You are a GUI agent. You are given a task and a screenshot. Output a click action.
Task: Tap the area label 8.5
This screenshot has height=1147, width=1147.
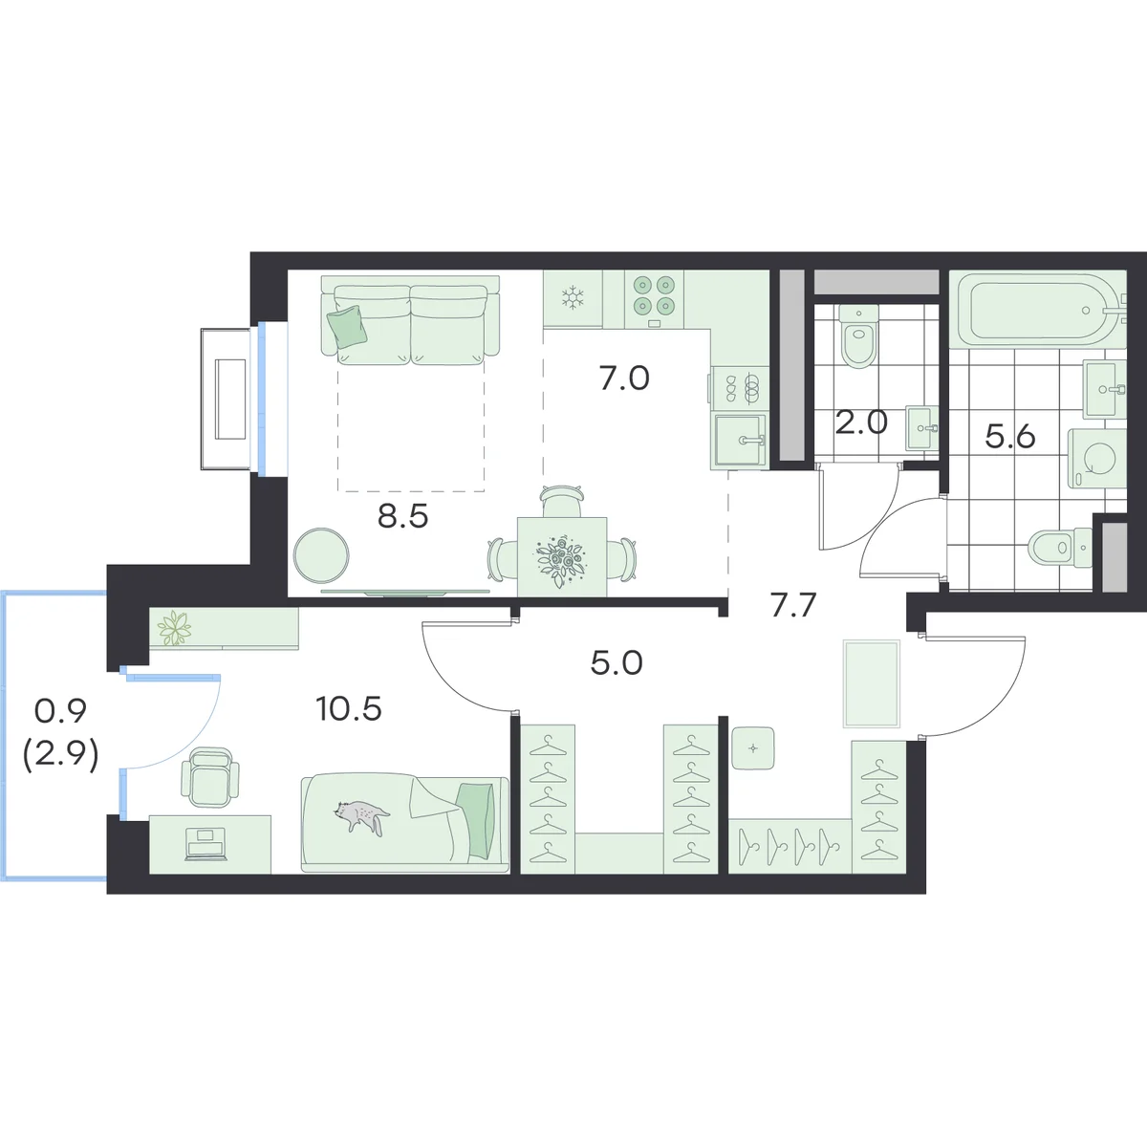[403, 517]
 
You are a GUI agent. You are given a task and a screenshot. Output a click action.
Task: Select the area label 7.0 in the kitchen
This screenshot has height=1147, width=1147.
[624, 379]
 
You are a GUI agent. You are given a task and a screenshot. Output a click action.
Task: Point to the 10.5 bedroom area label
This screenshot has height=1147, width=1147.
[349, 709]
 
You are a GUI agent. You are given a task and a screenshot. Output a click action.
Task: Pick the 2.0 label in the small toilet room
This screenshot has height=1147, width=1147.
[861, 422]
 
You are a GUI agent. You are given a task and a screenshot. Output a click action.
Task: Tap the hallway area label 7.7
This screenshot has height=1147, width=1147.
[792, 607]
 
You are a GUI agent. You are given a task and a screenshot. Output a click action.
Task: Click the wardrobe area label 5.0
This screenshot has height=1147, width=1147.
[617, 663]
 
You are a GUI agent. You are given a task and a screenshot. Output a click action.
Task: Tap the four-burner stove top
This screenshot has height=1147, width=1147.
[654, 295]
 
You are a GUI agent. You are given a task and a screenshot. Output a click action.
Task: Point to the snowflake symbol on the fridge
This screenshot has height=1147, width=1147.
[573, 297]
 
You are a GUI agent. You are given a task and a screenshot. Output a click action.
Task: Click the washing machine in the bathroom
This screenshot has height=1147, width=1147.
[1097, 459]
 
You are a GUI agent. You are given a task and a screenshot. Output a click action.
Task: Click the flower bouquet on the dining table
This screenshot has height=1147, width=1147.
[562, 562]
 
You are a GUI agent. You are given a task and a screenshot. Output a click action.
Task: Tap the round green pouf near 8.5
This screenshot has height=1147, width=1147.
[321, 556]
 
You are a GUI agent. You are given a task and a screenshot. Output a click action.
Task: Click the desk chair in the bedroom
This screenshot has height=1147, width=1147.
[210, 778]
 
